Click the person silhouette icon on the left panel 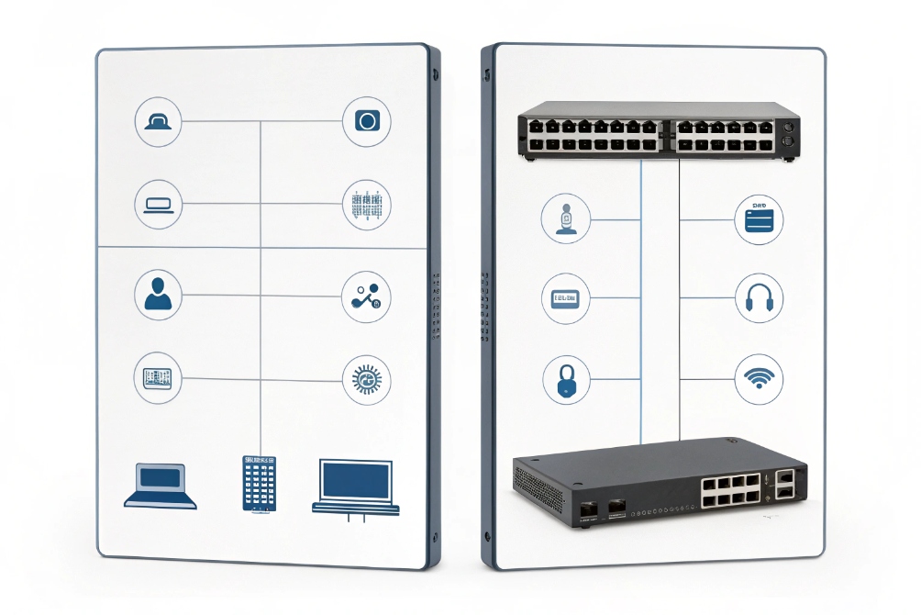[159, 295]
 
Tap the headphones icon [759, 299]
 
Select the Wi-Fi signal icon [759, 377]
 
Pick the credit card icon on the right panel [759, 220]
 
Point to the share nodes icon [366, 296]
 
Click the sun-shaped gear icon [366, 378]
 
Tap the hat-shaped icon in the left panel [159, 121]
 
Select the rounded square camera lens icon [366, 121]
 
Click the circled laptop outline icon [159, 204]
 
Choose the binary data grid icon [366, 204]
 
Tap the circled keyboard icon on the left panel [159, 377]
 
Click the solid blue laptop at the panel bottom [161, 486]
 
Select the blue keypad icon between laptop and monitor [259, 483]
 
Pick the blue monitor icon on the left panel [356, 486]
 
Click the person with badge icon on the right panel [565, 218]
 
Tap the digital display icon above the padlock [565, 299]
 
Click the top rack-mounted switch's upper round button [787, 128]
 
